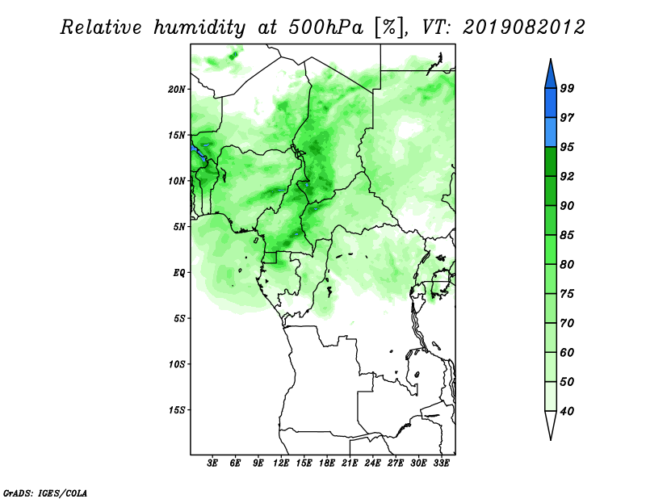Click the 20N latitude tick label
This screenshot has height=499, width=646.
[x=177, y=90]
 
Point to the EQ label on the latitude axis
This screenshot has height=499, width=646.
[x=179, y=273]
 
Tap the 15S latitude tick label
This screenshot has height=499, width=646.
[x=177, y=410]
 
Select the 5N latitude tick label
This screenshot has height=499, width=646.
[x=179, y=227]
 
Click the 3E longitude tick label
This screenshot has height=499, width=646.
[x=212, y=463]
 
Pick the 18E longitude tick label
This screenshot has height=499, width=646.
[x=327, y=463]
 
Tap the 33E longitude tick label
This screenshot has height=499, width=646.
[x=441, y=463]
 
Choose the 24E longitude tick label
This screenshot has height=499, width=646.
[x=372, y=463]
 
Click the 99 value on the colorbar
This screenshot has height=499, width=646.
[x=567, y=88]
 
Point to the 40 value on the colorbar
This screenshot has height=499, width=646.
[x=567, y=411]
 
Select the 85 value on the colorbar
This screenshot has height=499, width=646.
[x=567, y=235]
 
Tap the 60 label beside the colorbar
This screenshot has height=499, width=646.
[x=567, y=352]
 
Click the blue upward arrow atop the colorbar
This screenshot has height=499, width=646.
[x=551, y=74]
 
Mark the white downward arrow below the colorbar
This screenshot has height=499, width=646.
[x=551, y=425]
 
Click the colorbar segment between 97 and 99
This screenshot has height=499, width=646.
[x=551, y=103]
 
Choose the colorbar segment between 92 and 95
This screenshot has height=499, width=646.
[x=551, y=161]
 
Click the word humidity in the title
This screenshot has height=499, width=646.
[x=199, y=27]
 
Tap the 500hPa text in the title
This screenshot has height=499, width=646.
[x=326, y=27]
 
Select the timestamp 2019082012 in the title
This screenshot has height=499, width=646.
[x=523, y=27]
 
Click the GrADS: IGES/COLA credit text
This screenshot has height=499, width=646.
[x=45, y=493]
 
